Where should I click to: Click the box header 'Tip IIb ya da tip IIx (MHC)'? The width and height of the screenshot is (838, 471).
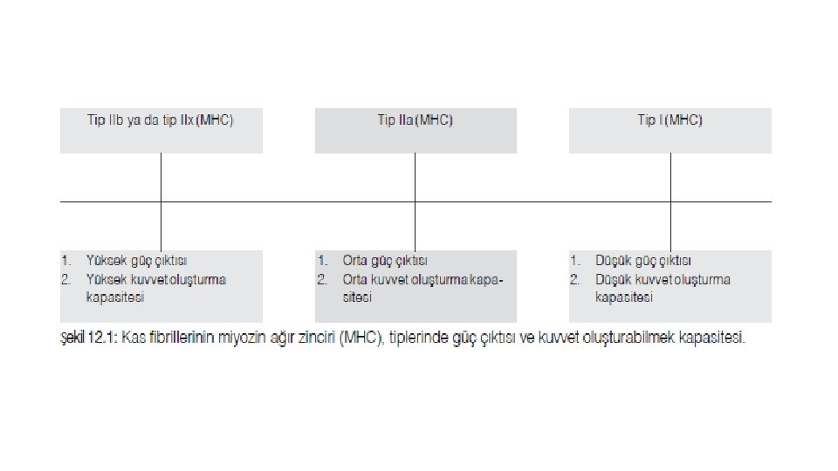point(161,120)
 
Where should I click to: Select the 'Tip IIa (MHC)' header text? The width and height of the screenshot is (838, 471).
point(415,120)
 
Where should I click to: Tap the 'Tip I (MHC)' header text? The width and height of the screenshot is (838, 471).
point(670,120)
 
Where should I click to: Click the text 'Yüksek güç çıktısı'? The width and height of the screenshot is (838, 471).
point(136,260)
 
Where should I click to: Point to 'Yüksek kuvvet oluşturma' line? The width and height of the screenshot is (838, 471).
point(156,279)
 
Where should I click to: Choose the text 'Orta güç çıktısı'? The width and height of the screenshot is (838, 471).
point(385,260)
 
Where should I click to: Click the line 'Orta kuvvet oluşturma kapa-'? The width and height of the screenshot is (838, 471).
point(423,279)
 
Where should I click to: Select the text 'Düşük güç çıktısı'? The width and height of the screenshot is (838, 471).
point(643,260)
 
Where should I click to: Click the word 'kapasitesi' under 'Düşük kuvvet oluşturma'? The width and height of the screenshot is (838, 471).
point(624,297)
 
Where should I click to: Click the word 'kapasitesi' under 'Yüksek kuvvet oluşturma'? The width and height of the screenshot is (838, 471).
point(114,297)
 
